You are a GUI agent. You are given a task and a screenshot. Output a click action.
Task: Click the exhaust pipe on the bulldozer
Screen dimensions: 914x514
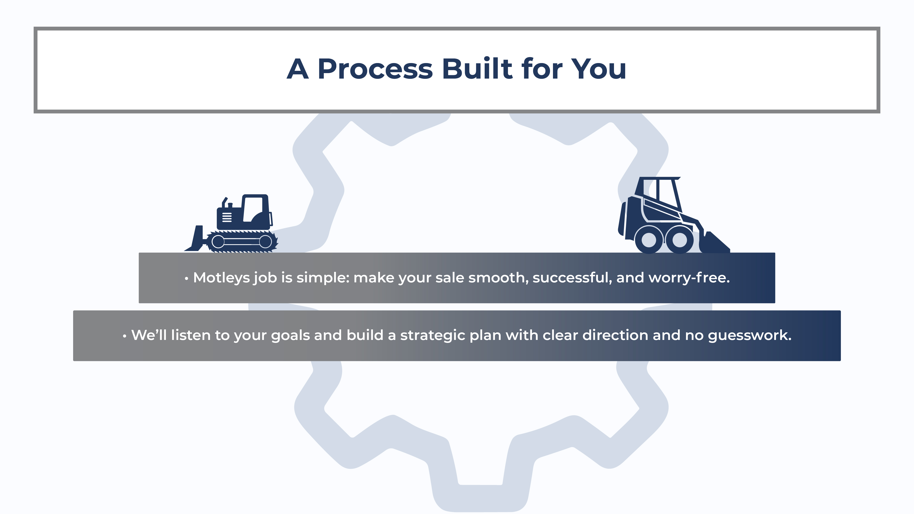224,202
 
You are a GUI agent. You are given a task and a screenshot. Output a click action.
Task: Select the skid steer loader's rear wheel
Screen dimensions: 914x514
649,240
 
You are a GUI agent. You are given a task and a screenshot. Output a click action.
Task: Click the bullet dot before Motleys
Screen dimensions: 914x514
186,279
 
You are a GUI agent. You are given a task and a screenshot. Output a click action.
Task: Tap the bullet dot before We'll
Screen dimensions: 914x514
124,336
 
